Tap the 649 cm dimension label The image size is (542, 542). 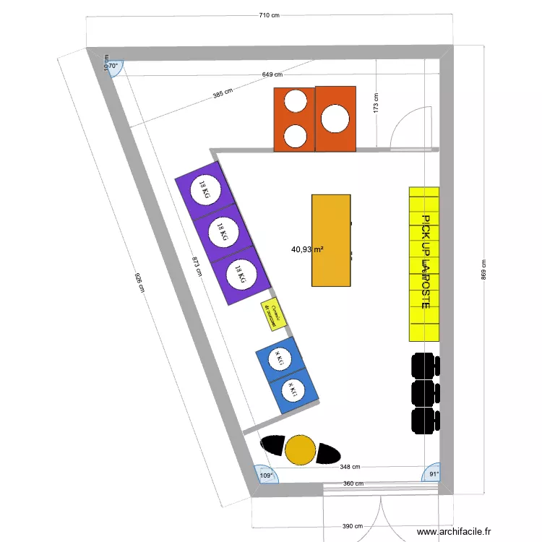pyautogui.click(x=272, y=74)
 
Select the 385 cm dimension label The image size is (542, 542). pyautogui.click(x=223, y=93)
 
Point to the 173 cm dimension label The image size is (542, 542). pyautogui.click(x=376, y=103)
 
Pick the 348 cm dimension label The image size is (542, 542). pyautogui.click(x=350, y=467)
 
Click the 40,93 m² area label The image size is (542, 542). pyautogui.click(x=307, y=249)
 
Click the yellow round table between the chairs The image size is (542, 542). pyautogui.click(x=300, y=449)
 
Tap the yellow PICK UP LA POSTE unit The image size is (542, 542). pyautogui.click(x=424, y=264)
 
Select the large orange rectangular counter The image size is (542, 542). pyautogui.click(x=331, y=240)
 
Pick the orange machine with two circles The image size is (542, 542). pyautogui.click(x=294, y=119)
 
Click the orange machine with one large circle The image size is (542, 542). pyautogui.click(x=336, y=119)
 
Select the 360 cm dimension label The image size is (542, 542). pyautogui.click(x=353, y=483)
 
